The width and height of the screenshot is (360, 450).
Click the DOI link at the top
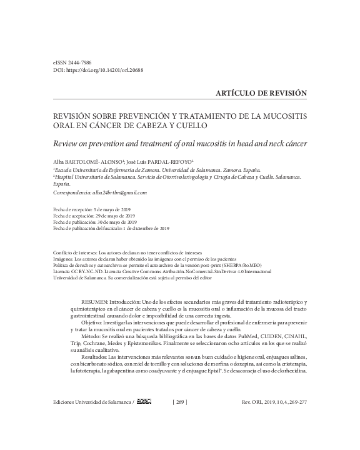[x=107, y=71]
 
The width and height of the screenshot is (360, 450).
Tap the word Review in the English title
[x=68, y=144]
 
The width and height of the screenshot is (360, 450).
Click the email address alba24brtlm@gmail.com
[x=118, y=192]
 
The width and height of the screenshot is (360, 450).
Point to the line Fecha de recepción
[x=93, y=207]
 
